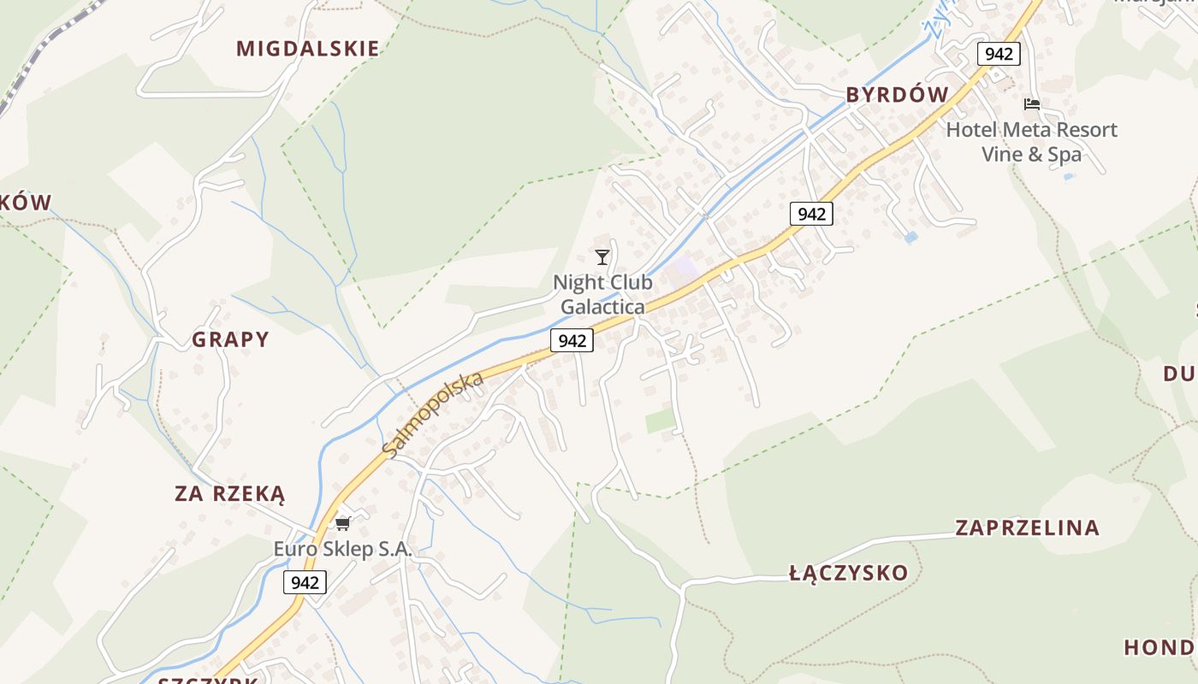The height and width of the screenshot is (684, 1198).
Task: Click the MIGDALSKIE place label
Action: click(x=308, y=49)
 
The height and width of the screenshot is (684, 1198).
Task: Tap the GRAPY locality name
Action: click(x=230, y=339)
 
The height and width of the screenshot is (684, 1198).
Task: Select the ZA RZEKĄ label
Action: click(x=229, y=493)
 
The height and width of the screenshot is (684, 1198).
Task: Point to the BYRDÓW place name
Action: click(x=898, y=95)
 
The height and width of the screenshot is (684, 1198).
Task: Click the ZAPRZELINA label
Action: click(x=1027, y=528)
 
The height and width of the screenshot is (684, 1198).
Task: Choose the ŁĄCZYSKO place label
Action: click(x=848, y=573)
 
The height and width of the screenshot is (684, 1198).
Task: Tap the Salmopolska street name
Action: click(x=433, y=414)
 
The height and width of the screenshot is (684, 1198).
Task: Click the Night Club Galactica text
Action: click(x=602, y=294)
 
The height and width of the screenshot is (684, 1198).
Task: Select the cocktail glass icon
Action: click(x=602, y=256)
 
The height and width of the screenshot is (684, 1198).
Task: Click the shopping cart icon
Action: click(x=343, y=523)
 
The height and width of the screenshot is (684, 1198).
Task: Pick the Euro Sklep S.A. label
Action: click(x=342, y=550)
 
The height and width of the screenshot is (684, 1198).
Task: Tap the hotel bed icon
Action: click(x=1032, y=104)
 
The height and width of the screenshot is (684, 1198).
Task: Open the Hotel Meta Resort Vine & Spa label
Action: click(x=1031, y=142)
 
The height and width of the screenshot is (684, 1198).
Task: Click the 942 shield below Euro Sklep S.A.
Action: click(x=305, y=582)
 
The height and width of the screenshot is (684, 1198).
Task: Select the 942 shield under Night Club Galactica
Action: click(x=572, y=340)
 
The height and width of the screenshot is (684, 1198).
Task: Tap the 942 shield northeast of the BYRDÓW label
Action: click(x=999, y=54)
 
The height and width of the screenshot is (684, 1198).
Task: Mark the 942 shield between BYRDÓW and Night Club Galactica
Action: click(x=810, y=214)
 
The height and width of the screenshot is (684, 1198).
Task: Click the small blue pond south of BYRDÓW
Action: click(x=910, y=237)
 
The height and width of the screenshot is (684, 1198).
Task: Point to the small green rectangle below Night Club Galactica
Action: click(x=660, y=421)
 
